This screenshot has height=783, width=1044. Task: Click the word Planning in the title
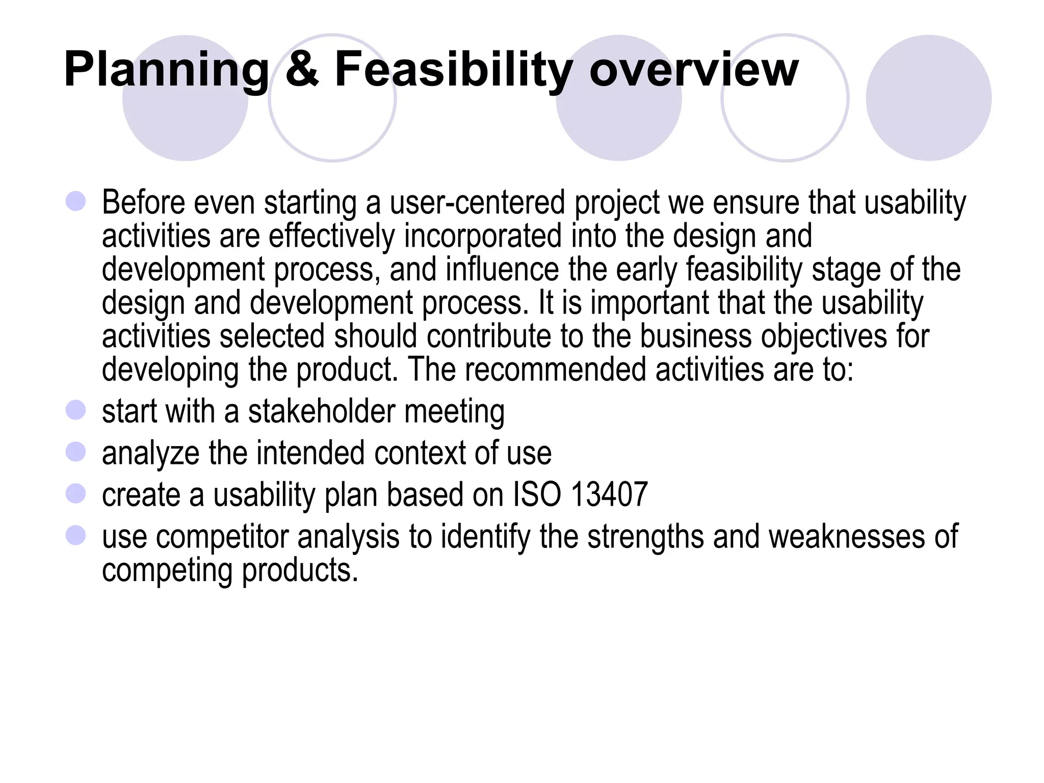coord(166,70)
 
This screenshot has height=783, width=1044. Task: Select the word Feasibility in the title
coord(453,70)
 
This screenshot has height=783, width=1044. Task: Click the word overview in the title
coord(693,70)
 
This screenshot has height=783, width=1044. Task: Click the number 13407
coord(609,494)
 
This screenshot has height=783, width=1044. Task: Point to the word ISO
coord(536,494)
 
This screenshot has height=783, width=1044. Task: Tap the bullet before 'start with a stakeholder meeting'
coord(76,410)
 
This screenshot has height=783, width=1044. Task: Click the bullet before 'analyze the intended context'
coord(76,452)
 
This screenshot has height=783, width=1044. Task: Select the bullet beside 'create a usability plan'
coord(76,493)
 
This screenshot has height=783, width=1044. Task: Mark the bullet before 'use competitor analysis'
coord(76,535)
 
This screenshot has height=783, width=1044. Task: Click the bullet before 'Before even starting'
coord(76,201)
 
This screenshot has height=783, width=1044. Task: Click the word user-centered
coord(477,203)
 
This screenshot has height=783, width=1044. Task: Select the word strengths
coord(645,537)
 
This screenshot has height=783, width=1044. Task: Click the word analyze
coord(150,454)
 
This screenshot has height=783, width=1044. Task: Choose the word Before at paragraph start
coord(143,203)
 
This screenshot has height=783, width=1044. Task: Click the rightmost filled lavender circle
coord(928,98)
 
